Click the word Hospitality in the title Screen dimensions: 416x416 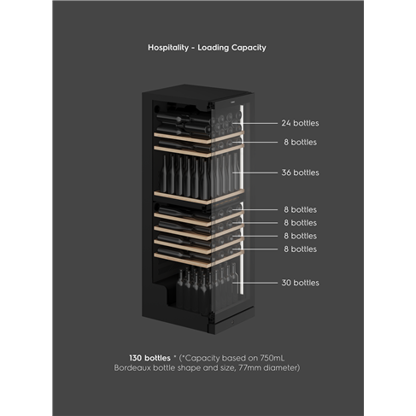pos(168,48)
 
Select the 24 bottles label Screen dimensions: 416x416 pos(300,123)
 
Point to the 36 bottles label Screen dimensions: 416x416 pos(300,173)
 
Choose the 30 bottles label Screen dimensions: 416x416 pos(300,283)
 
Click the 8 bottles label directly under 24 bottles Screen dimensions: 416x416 pos(300,142)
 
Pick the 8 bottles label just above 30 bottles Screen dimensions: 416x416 pos(300,249)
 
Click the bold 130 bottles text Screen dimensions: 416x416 pos(149,358)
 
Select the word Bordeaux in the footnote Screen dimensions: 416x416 pos(132,368)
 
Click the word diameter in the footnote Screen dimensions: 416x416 pos(281,368)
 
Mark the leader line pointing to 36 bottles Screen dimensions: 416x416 pos(255,173)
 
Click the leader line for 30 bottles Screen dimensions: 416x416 pos(255,283)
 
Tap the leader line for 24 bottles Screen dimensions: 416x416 pos(255,123)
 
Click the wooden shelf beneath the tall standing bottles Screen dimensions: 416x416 pos(199,196)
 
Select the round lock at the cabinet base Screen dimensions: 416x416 pos(232,321)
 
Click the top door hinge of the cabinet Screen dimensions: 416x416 pos(211,105)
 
